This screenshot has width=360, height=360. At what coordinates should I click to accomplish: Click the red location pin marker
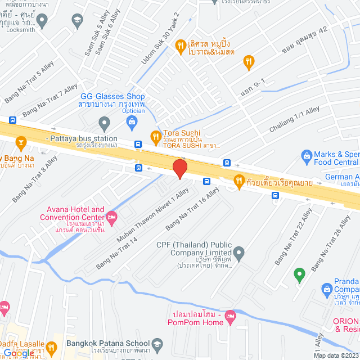point(179,169)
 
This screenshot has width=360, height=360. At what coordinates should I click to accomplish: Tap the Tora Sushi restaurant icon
point(155,136)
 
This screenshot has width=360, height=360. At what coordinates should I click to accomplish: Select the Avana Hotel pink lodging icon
point(112,215)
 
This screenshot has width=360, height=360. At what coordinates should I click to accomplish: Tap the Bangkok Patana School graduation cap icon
point(157,343)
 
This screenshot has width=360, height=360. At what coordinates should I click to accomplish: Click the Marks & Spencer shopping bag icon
point(307,155)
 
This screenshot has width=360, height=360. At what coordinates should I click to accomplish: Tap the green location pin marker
point(299,274)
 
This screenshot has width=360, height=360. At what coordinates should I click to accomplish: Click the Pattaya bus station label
point(82,138)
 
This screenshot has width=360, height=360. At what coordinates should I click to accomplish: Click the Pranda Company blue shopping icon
point(326,289)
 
